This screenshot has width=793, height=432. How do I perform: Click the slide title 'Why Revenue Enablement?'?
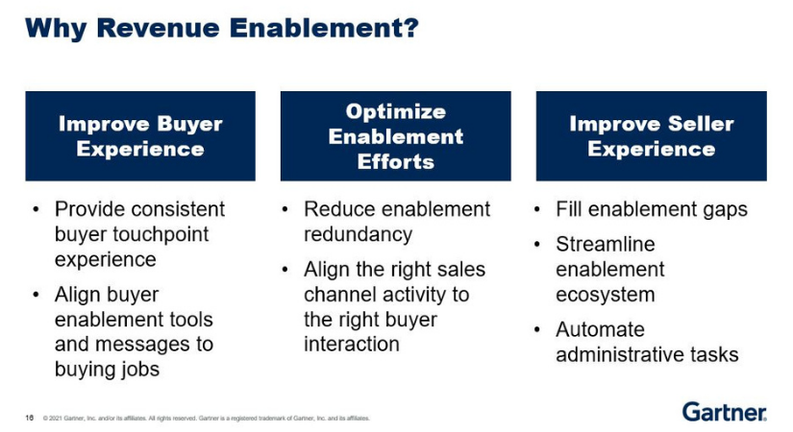point(222,28)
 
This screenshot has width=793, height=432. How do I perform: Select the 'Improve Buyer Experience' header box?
point(140,136)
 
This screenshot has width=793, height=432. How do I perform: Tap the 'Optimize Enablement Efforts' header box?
point(395,136)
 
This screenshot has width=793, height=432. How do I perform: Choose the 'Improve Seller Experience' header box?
point(651,136)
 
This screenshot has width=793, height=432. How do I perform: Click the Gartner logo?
point(724,411)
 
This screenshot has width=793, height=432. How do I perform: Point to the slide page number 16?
point(30,418)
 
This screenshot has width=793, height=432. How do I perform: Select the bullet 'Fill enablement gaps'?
point(651,209)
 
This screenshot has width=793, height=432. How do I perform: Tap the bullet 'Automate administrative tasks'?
point(647,342)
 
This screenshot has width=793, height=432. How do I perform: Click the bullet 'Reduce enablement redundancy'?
point(396,222)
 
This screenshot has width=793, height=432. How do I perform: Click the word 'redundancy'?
point(358,234)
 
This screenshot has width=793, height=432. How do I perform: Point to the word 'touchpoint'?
point(161,234)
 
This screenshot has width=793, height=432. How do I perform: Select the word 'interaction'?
point(351,344)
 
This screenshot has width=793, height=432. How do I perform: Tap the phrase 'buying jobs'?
point(108,369)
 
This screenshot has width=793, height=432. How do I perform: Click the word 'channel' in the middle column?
point(338,294)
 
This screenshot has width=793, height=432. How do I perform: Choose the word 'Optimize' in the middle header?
point(395,111)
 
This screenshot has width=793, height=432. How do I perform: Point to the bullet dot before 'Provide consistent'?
point(36,209)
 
